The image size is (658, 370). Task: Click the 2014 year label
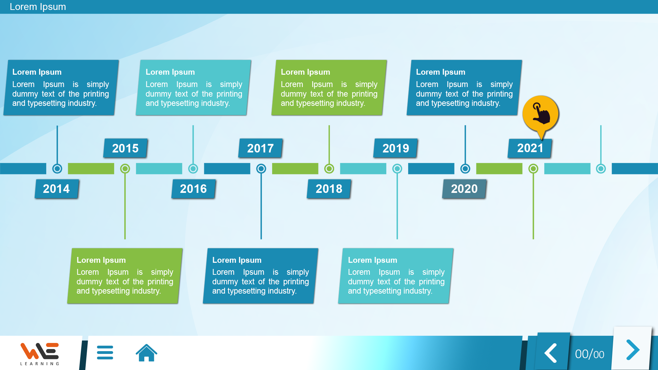pyautogui.click(x=57, y=189)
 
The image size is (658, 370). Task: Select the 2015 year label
pyautogui.click(x=125, y=148)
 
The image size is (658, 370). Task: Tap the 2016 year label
pyautogui.click(x=193, y=189)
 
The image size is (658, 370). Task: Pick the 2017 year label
pyautogui.click(x=260, y=148)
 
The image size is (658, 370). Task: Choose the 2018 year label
pyautogui.click(x=329, y=189)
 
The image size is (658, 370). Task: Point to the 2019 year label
pyautogui.click(x=396, y=148)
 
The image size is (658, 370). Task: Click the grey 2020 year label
pyautogui.click(x=464, y=189)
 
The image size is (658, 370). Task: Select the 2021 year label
pyautogui.click(x=530, y=148)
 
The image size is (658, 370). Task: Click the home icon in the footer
pyautogui.click(x=146, y=353)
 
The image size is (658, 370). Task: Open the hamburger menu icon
pyautogui.click(x=105, y=353)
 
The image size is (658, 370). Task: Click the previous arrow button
pyautogui.click(x=551, y=353)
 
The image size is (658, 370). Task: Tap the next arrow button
pyautogui.click(x=632, y=349)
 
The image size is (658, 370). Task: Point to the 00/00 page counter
pyautogui.click(x=589, y=354)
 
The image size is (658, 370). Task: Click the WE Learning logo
pyautogui.click(x=40, y=354)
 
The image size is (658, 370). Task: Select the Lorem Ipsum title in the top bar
pyautogui.click(x=38, y=7)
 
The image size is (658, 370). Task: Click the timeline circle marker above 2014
pyautogui.click(x=57, y=169)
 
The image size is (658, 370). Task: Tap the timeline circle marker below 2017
pyautogui.click(x=261, y=169)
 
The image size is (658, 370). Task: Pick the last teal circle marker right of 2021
pyautogui.click(x=601, y=169)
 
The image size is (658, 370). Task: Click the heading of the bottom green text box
pyautogui.click(x=101, y=260)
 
